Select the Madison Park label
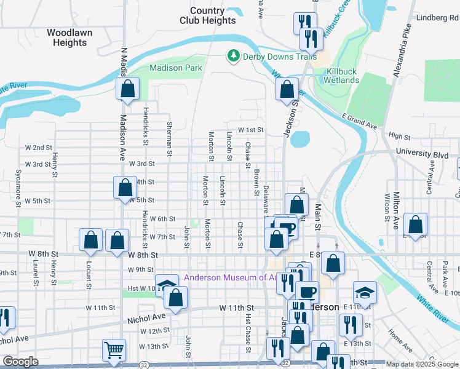click(175, 68)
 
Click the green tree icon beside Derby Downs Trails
click(233, 57)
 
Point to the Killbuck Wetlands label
click(341, 76)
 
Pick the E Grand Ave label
click(359, 121)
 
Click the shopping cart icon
click(114, 350)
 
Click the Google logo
click(20, 362)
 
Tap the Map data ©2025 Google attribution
click(422, 364)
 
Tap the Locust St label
click(89, 275)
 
